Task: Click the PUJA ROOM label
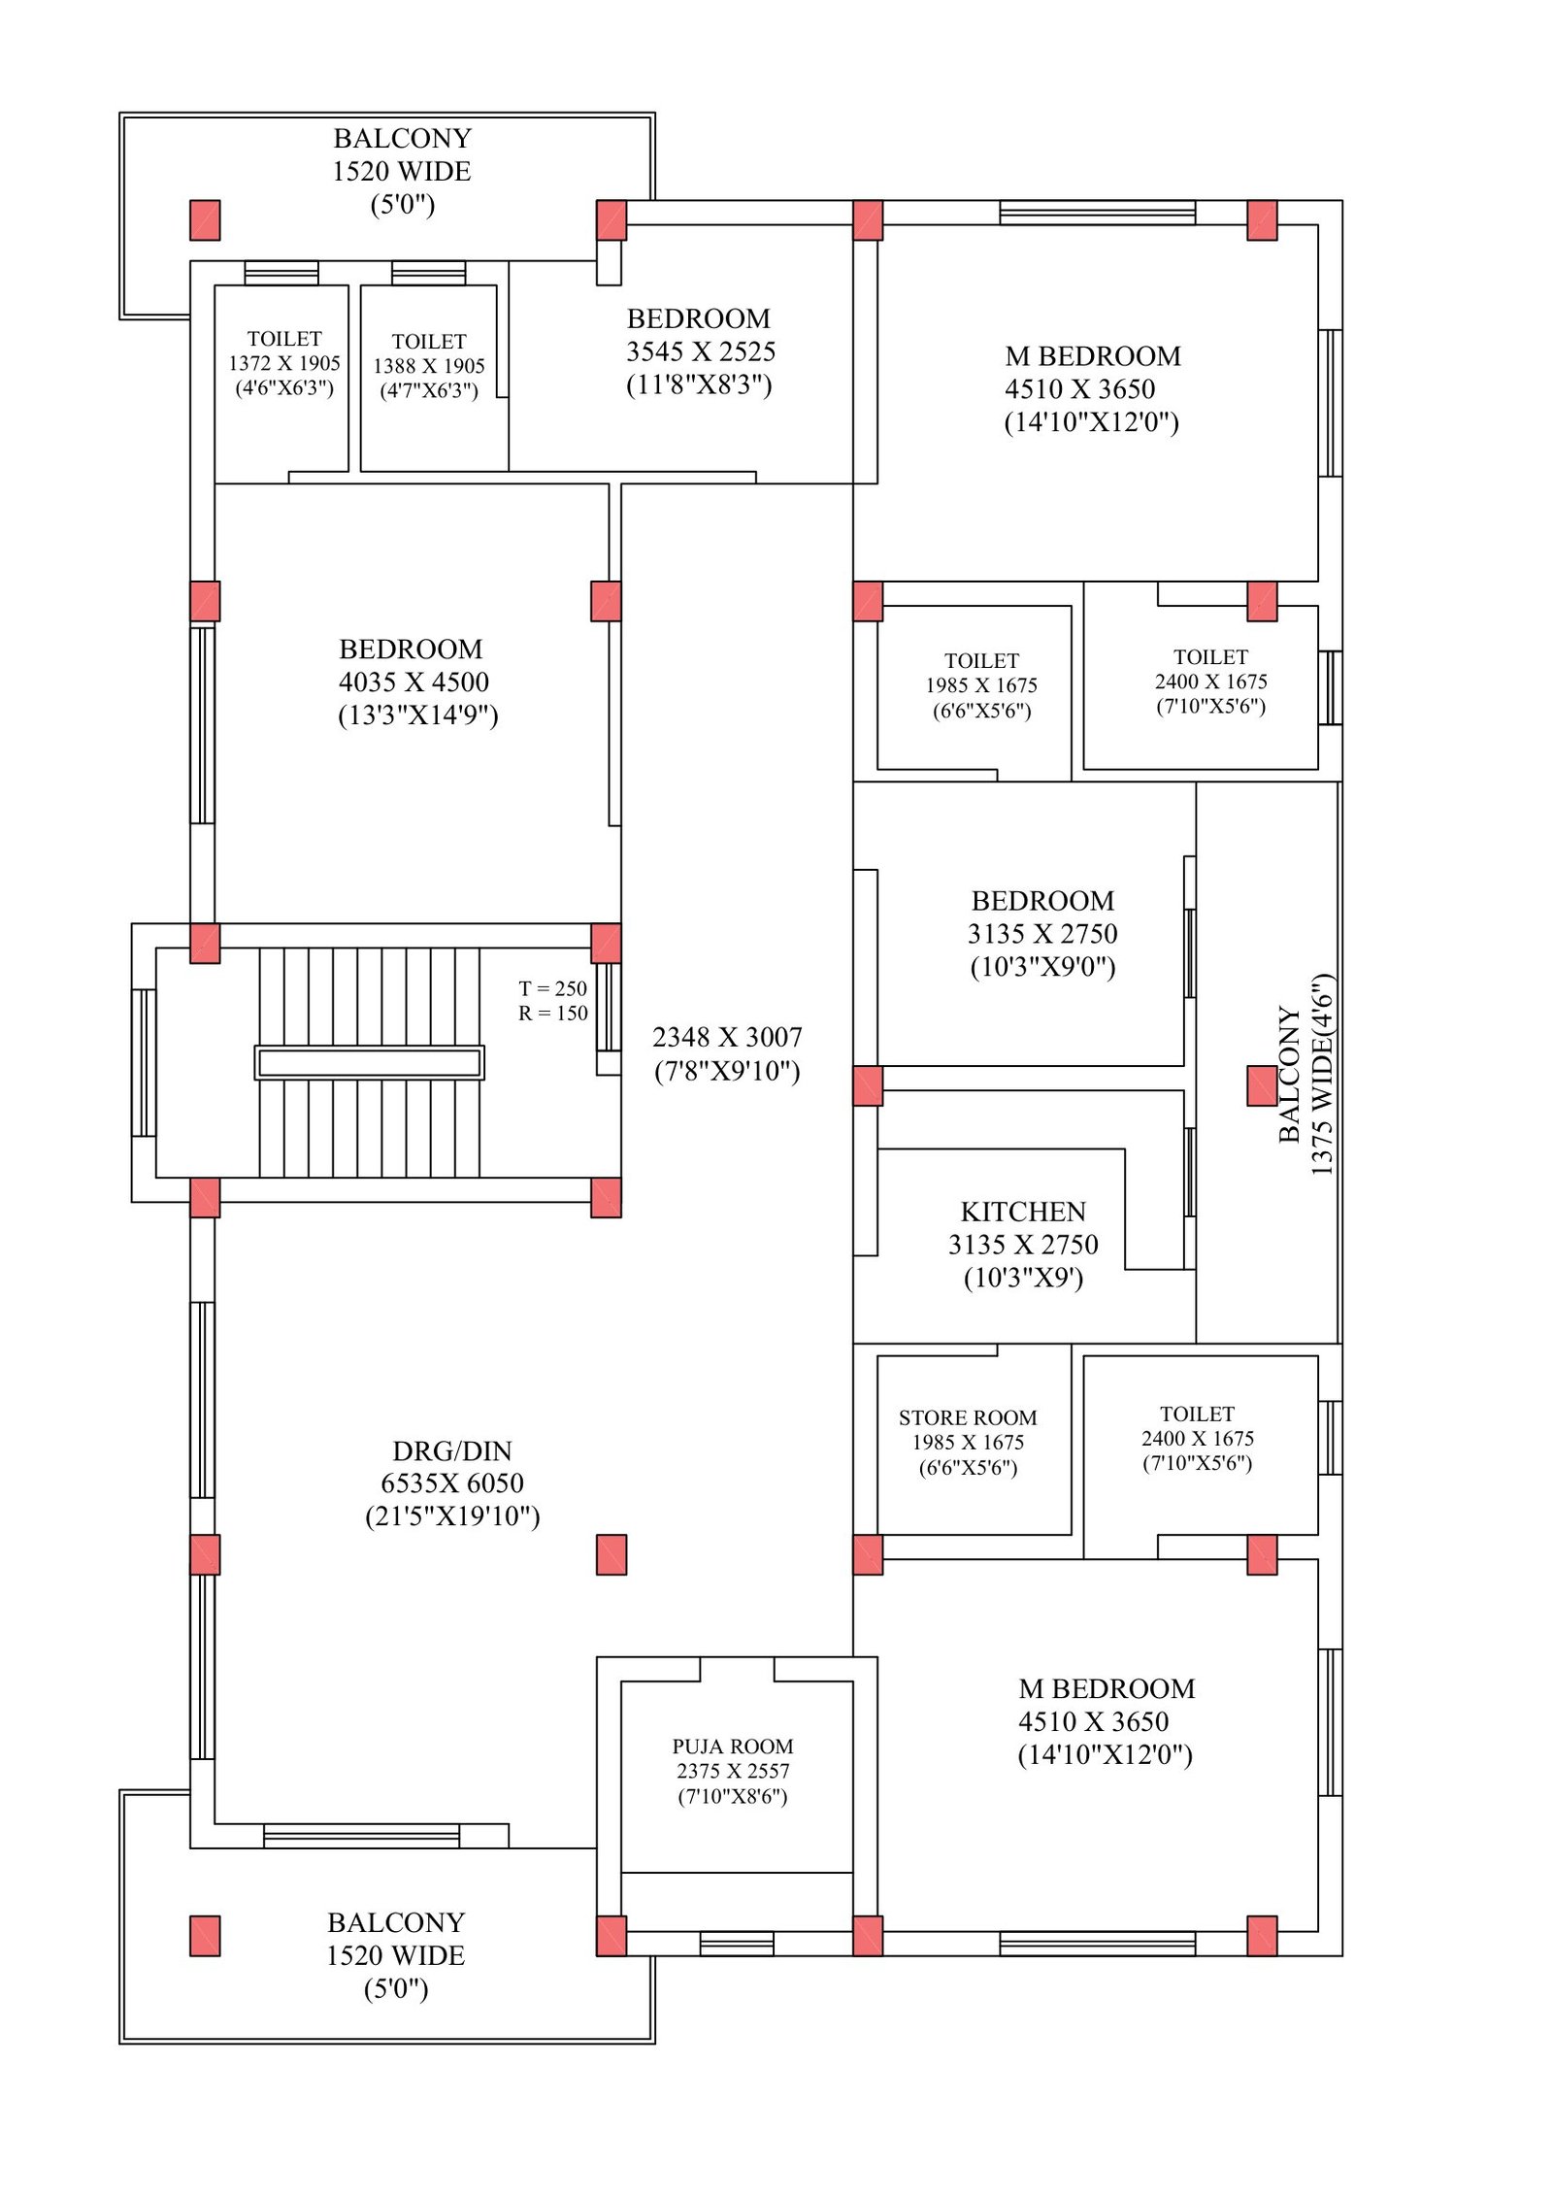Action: tap(732, 1746)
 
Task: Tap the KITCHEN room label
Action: tap(1022, 1212)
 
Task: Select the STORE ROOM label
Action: tap(967, 1417)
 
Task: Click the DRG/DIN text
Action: tap(451, 1450)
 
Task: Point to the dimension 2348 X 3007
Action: tap(727, 1037)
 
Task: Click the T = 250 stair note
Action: tap(552, 988)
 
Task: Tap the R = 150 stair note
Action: tap(552, 1013)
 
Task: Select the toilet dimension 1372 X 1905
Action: tap(284, 363)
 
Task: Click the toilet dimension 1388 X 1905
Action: tap(428, 366)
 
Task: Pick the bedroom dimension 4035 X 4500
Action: tap(413, 682)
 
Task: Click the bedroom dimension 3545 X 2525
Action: tap(700, 351)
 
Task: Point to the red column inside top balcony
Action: tap(205, 220)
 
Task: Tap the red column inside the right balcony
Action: tap(1261, 1085)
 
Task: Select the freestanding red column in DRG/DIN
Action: tap(611, 1554)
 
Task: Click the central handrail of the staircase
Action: tap(369, 1062)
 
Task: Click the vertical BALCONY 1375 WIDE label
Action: tap(1305, 1074)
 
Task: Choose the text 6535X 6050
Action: tap(451, 1482)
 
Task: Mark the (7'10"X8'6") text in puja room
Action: tap(732, 1796)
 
